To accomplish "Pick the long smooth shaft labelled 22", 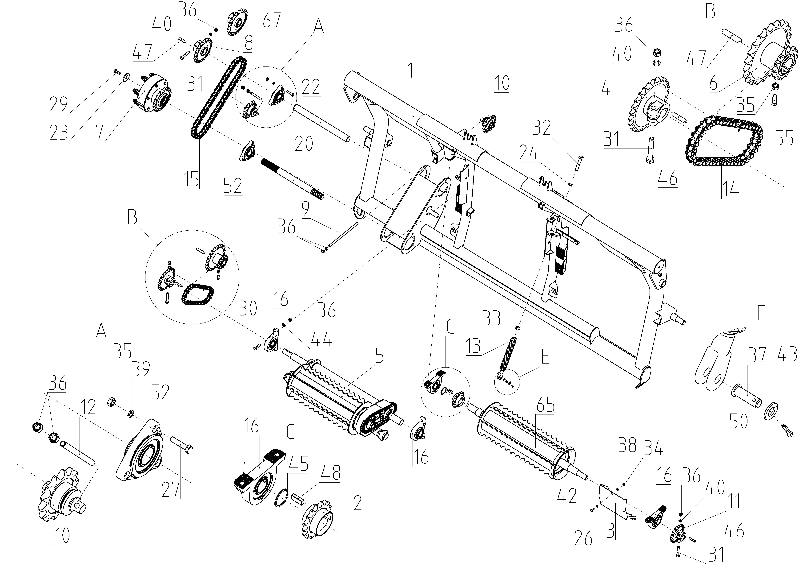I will [322, 123].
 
